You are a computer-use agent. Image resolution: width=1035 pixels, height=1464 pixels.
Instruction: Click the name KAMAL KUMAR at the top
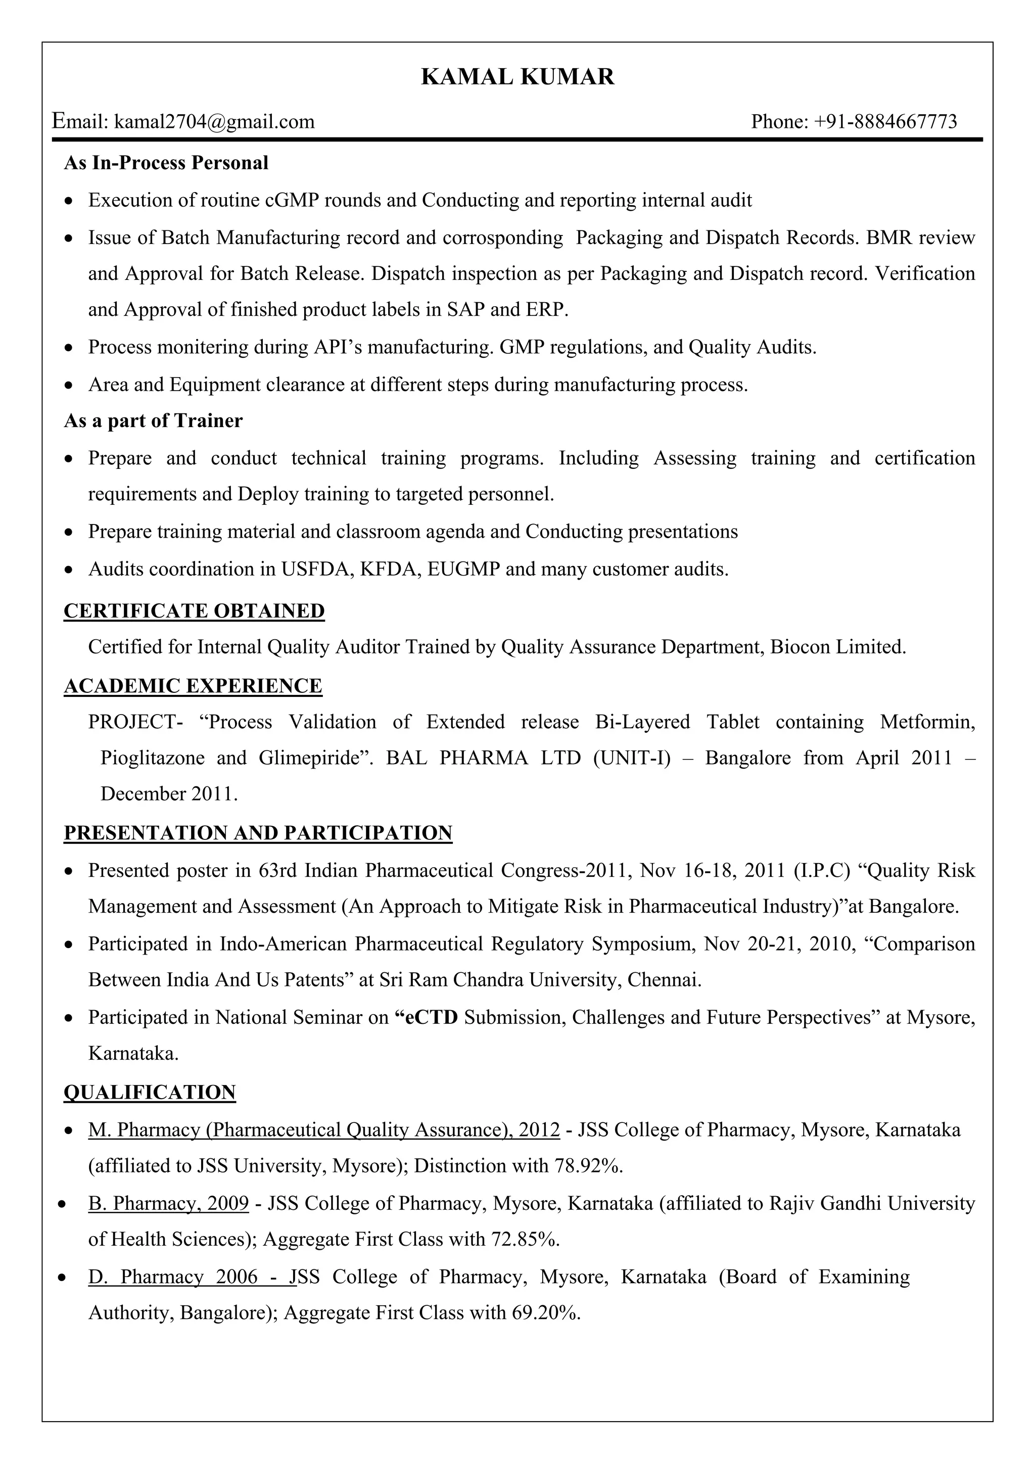[x=517, y=77]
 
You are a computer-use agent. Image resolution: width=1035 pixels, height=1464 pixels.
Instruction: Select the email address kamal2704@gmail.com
[x=214, y=121]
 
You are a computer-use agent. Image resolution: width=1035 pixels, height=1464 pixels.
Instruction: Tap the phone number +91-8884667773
[x=885, y=121]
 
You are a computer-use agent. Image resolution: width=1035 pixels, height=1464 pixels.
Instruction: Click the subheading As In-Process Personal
[x=166, y=163]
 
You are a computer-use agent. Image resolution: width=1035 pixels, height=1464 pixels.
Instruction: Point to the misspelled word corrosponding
[x=502, y=238]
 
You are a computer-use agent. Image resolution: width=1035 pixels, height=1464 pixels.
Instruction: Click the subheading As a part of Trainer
[x=153, y=421]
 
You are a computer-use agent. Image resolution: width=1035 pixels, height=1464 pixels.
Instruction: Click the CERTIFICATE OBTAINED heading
[x=194, y=611]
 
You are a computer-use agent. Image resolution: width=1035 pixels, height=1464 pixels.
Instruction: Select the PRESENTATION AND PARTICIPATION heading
[x=258, y=833]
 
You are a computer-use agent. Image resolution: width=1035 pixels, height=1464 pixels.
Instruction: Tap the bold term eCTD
[x=432, y=1017]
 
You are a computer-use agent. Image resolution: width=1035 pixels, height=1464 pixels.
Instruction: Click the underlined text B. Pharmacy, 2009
[x=168, y=1203]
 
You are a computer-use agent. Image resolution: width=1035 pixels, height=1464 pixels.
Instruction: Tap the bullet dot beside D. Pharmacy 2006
[x=62, y=1279]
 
